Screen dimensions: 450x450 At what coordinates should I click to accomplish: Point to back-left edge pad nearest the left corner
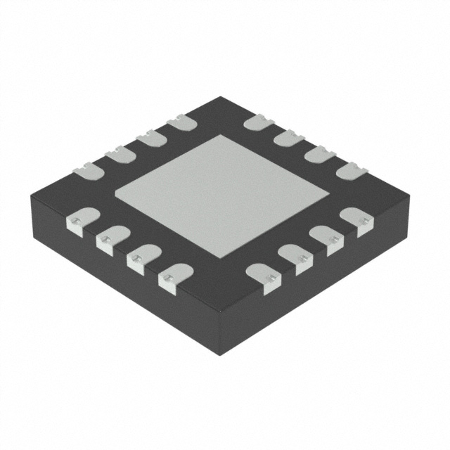(x=87, y=168)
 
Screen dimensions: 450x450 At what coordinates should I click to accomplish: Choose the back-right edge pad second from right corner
(x=320, y=154)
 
